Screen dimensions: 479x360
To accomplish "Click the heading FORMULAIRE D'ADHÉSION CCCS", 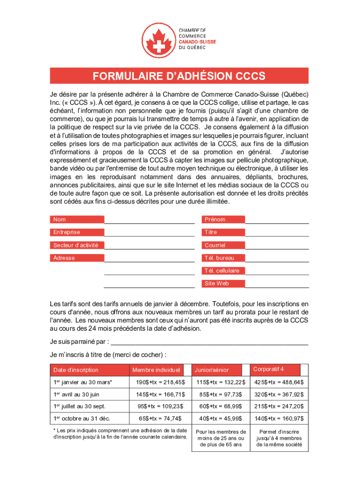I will click(179, 76).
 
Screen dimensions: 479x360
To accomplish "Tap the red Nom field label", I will click(77, 219).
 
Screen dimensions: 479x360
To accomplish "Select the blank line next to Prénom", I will click(277, 220).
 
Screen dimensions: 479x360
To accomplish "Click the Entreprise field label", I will click(77, 232).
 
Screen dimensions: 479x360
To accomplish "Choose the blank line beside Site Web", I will click(277, 283).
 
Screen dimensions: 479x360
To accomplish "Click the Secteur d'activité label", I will click(77, 245).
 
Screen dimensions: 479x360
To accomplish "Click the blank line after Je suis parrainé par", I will click(210, 341).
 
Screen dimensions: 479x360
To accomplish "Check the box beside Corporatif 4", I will click(304, 370).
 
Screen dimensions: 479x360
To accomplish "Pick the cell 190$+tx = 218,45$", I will click(160, 383).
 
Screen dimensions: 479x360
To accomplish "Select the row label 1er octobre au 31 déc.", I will click(82, 418).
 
